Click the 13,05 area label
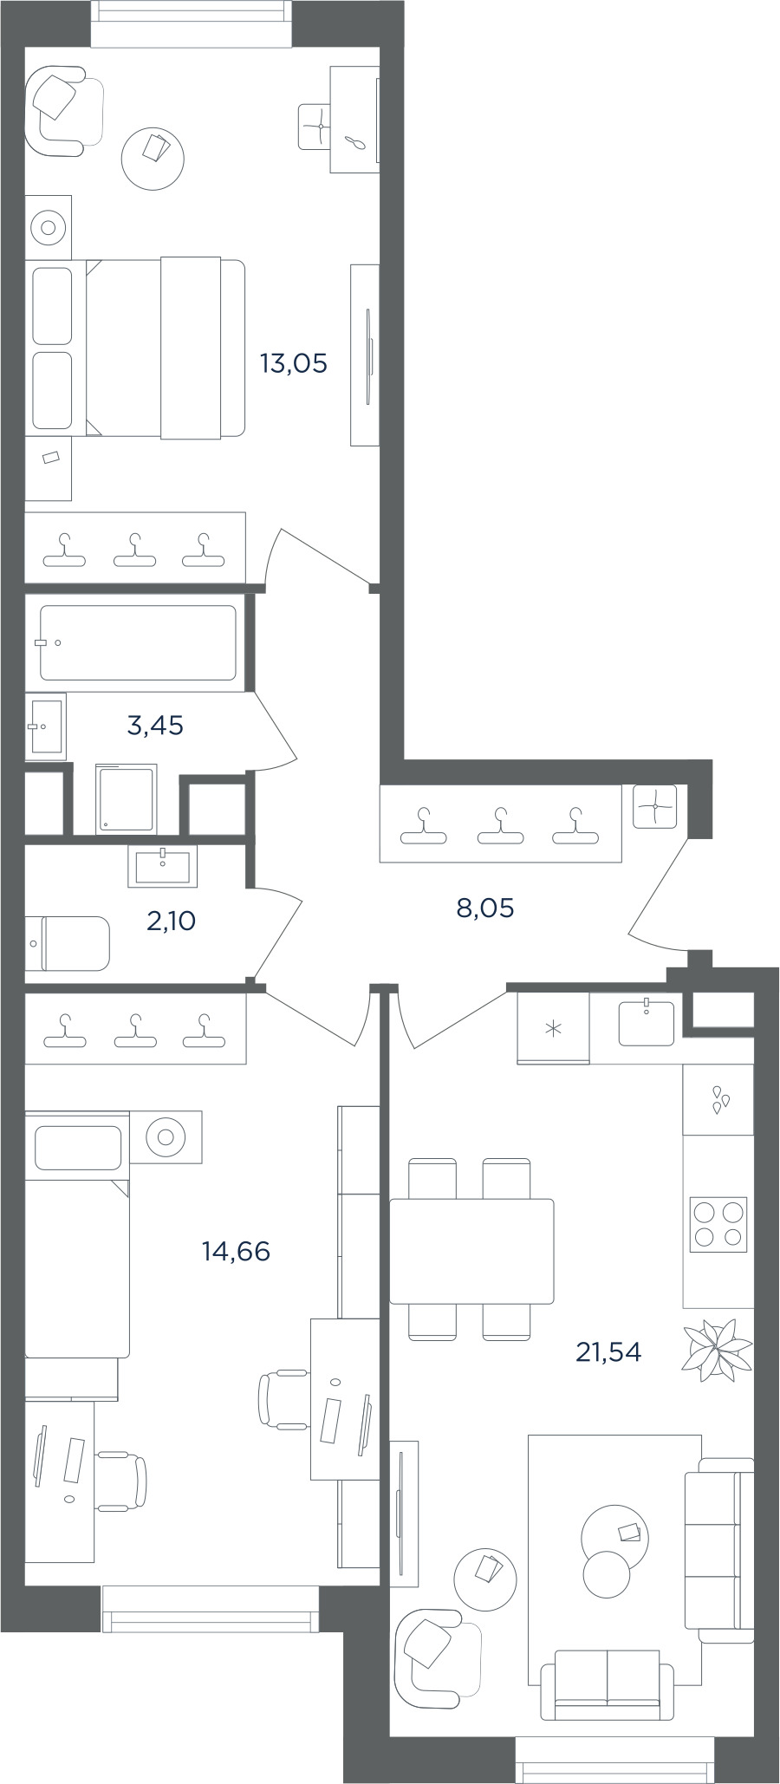294,363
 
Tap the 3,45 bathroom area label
155,725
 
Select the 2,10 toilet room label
171,921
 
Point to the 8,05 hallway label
485,908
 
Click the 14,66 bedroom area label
236,1251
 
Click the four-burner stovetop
718,1224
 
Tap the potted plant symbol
717,1350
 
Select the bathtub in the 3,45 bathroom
138,642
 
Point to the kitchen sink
647,1023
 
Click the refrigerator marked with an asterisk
553,1028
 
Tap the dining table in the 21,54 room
471,1251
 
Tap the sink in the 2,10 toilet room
163,866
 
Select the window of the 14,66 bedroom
210,1610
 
